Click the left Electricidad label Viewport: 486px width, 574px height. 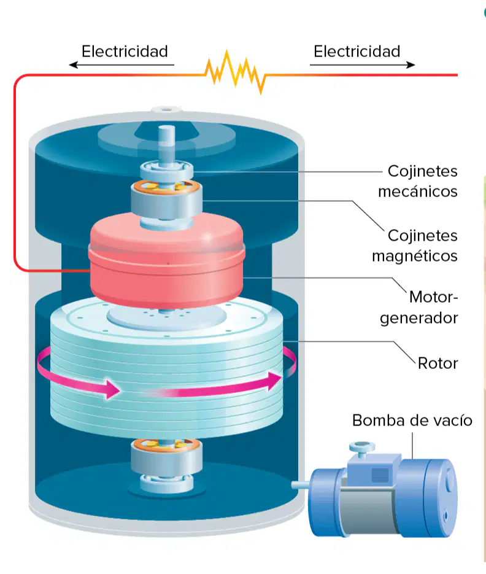[125, 51]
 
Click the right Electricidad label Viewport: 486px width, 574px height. [357, 51]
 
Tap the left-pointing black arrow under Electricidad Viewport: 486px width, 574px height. [121, 65]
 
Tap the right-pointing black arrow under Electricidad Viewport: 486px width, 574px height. [362, 65]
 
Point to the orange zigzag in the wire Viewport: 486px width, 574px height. [236, 72]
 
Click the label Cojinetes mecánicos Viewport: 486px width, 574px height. [418, 181]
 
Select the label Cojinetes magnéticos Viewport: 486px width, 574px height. [415, 246]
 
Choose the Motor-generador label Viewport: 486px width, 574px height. [419, 308]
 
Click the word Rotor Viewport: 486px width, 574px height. [438, 363]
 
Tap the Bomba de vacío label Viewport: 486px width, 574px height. [412, 421]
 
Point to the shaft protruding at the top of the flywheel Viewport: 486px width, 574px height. [166, 145]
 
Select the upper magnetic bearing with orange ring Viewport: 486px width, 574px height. [166, 200]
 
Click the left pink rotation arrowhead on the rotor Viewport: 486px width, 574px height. [112, 389]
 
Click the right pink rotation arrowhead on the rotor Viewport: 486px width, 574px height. [275, 381]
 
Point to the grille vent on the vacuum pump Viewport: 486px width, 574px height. [380, 475]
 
